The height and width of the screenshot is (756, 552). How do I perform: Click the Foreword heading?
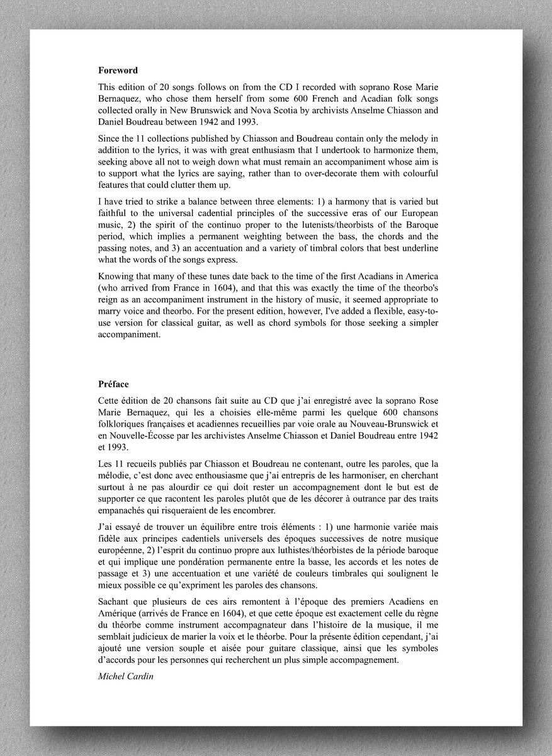(x=118, y=71)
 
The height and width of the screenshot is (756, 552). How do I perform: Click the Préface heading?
(x=114, y=384)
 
